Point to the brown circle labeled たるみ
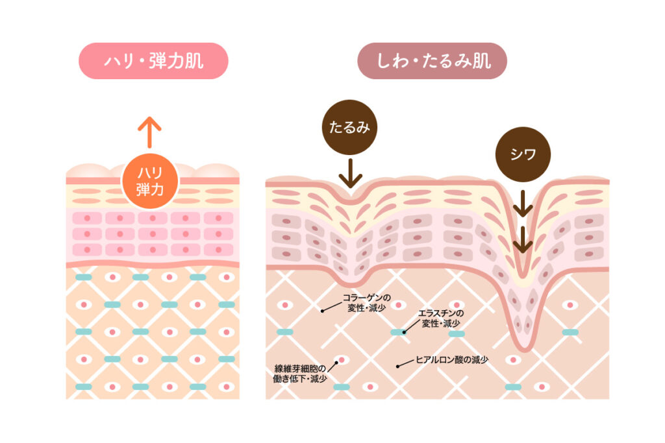[x=349, y=127]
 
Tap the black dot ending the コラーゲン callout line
[x=322, y=311]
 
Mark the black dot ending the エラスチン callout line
[x=403, y=331]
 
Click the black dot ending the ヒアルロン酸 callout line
[x=398, y=367]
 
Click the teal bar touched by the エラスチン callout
[x=397, y=331]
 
